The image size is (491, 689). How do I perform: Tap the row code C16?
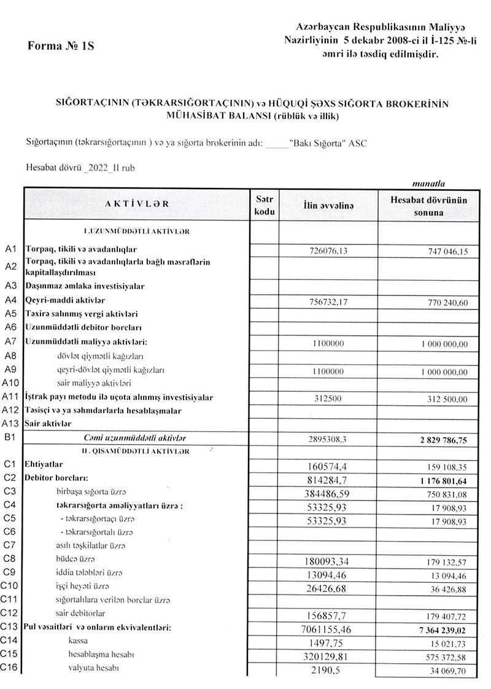coord(11,668)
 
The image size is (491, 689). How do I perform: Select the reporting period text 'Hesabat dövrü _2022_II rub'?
coord(75,167)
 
